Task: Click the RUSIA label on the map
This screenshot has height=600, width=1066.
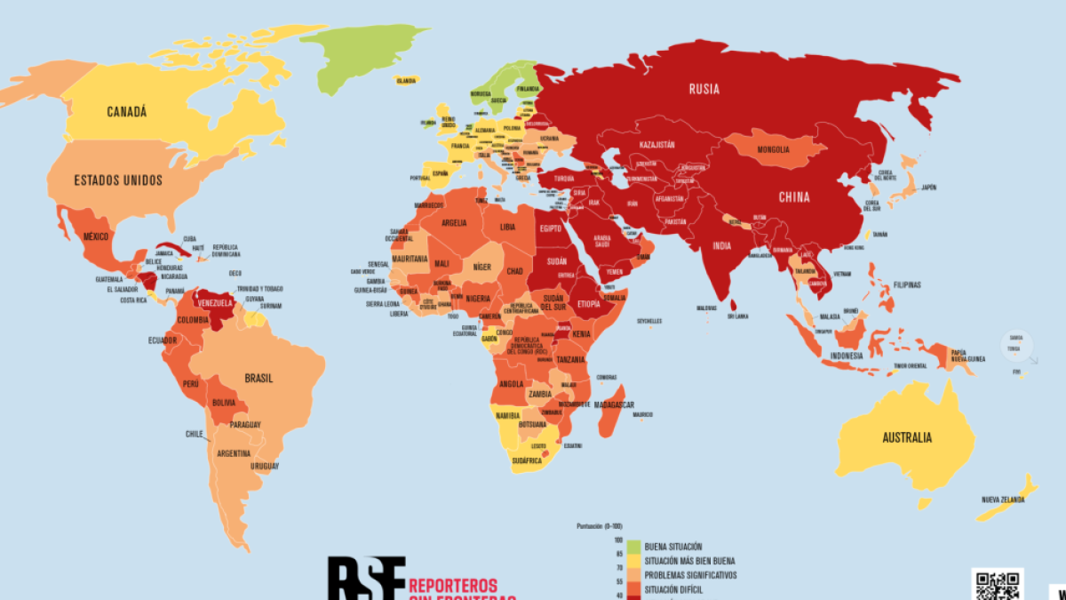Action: coord(704,89)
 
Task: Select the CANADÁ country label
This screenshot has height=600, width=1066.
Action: coord(126,112)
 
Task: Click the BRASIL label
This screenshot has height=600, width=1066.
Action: coord(259,378)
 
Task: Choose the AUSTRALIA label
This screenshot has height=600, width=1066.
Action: coord(907,437)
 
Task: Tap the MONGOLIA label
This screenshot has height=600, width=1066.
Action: coord(774,149)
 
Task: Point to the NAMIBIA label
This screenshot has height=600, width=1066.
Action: coord(506,416)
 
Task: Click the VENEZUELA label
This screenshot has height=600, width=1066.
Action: coord(214,303)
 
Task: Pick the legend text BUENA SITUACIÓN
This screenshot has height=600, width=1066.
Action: coord(673,547)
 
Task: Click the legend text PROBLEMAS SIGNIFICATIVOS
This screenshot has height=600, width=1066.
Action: coord(690,575)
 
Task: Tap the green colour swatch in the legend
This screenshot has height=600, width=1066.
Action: coord(633,547)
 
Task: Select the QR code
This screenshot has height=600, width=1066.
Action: coord(997,585)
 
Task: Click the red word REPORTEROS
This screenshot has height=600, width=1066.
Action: coord(461,585)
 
